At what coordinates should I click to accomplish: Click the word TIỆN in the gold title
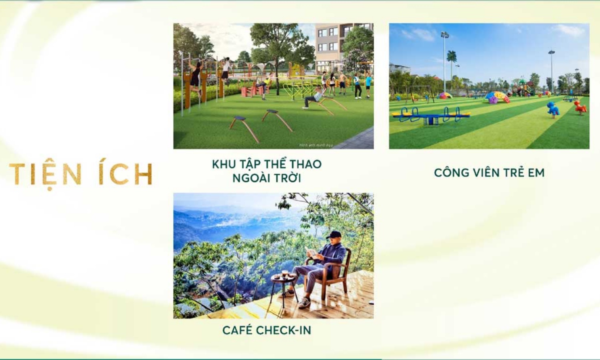click(45, 175)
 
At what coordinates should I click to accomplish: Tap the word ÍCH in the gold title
click(126, 174)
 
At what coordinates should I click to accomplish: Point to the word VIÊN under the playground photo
click(488, 173)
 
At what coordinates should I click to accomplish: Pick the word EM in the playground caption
click(536, 173)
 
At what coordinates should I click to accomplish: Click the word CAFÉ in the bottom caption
click(237, 330)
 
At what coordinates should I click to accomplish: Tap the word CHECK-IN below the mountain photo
click(284, 330)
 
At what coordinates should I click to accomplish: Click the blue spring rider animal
click(553, 109)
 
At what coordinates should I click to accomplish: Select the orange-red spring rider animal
click(580, 106)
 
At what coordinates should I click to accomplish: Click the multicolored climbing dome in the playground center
click(497, 97)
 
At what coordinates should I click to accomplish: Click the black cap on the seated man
click(334, 235)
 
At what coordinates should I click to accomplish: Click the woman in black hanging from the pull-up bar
click(196, 78)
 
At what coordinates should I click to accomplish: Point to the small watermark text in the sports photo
click(316, 145)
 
